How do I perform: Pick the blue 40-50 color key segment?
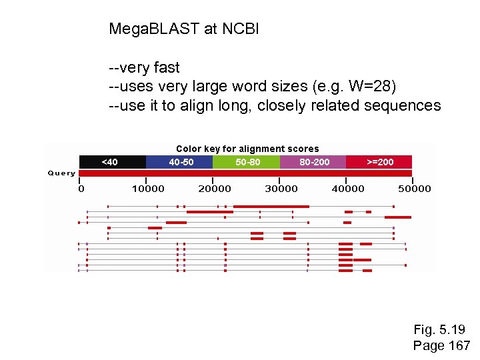[x=179, y=162]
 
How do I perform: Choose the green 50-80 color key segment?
[x=246, y=162]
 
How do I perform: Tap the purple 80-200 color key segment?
[x=313, y=162]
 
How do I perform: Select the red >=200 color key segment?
[x=379, y=162]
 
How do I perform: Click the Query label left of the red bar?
[x=61, y=173]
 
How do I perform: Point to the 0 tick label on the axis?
[x=81, y=189]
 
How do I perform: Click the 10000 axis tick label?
[x=148, y=189]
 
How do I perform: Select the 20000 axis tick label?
[x=215, y=189]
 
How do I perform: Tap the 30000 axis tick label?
[x=281, y=189]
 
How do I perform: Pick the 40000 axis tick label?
[x=348, y=189]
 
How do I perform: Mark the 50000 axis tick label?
[x=415, y=189]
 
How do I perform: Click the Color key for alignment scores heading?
[x=247, y=149]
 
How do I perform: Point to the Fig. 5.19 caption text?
[x=439, y=330]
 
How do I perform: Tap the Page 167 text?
[x=441, y=345]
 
